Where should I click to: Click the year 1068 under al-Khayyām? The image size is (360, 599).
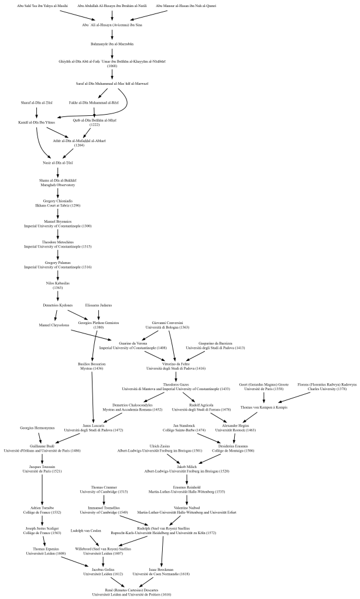click(112, 66)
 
